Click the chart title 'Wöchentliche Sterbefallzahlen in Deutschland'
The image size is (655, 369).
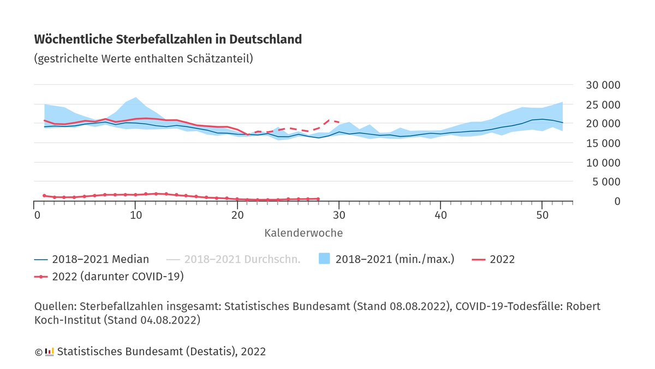[168, 39]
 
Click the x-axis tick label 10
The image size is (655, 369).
[136, 215]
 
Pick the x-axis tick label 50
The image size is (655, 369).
[541, 215]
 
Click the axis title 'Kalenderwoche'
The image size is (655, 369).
[303, 233]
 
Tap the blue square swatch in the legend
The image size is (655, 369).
[325, 259]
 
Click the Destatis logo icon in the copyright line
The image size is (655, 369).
[49, 352]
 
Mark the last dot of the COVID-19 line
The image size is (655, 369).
[318, 199]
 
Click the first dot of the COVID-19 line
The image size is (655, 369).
[44, 196]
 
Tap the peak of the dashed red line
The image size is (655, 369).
[329, 120]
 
